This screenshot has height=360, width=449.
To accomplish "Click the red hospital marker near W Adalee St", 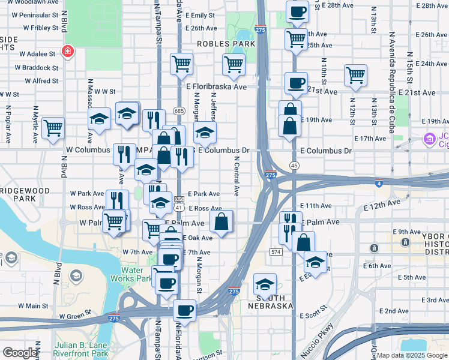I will click(x=68, y=52).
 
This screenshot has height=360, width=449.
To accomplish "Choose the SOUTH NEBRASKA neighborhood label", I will click(x=276, y=302).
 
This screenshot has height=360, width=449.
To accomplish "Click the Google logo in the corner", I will click(x=20, y=353).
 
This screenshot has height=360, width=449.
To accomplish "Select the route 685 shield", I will click(x=179, y=111).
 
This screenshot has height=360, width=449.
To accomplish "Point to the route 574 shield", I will click(x=276, y=252).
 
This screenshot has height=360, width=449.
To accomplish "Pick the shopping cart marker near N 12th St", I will click(x=355, y=76).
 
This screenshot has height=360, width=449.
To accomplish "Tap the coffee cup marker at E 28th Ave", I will click(x=297, y=11).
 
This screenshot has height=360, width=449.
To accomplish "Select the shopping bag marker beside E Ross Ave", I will click(x=221, y=221).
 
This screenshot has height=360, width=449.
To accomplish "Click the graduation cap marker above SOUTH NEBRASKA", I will click(x=264, y=283).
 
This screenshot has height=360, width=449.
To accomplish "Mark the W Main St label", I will click(x=33, y=305).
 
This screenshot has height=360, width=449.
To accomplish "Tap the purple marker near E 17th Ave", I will click(x=429, y=140).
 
